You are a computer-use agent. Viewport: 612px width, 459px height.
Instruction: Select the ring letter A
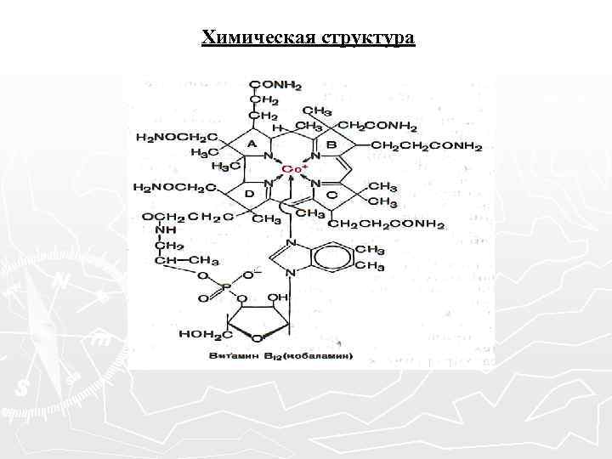(252, 145)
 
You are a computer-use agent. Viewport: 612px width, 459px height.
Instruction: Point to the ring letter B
(331, 145)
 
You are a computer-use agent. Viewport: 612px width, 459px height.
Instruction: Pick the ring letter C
(331, 195)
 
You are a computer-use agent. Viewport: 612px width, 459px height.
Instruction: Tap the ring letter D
(251, 195)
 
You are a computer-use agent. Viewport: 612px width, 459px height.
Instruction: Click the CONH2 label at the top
(276, 83)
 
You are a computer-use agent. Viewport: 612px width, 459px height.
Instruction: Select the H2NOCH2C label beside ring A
(176, 136)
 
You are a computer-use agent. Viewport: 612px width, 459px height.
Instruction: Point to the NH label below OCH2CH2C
(167, 230)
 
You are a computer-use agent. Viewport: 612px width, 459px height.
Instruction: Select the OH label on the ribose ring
(279, 299)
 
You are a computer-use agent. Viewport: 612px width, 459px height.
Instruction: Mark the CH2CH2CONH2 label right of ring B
(427, 145)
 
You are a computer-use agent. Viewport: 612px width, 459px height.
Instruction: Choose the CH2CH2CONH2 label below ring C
(387, 224)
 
